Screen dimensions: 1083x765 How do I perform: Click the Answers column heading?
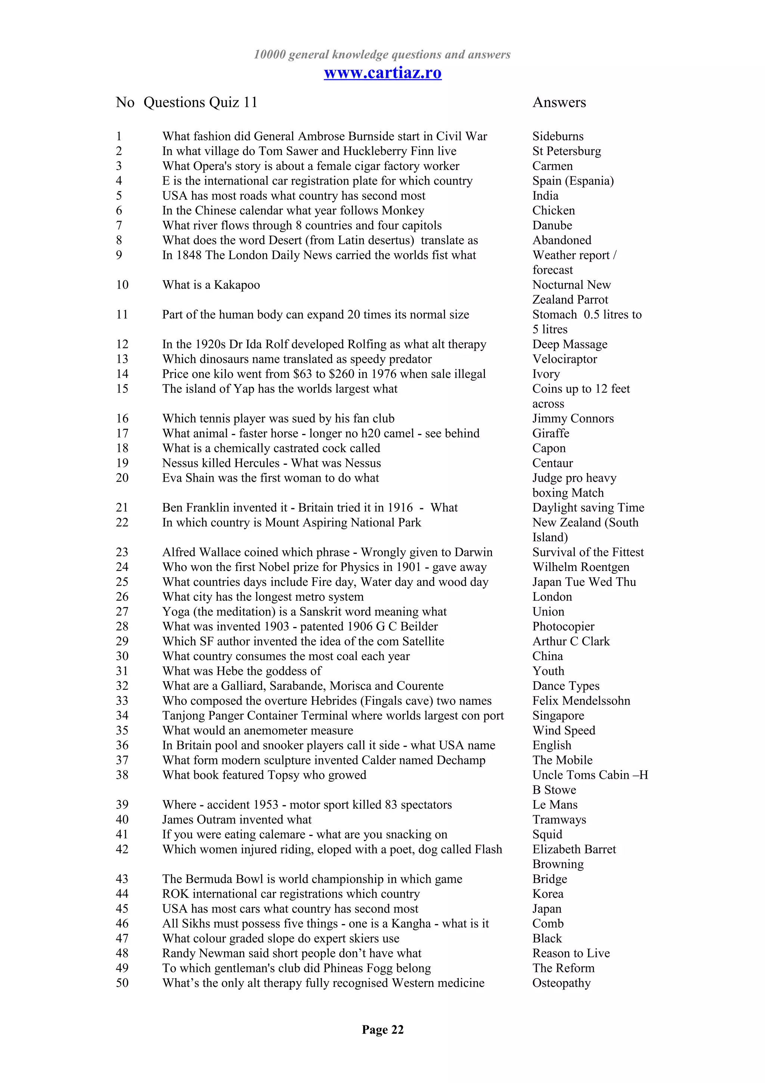[x=559, y=102]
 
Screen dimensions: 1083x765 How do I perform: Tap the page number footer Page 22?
[x=382, y=1029]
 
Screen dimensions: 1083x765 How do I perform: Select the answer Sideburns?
[x=558, y=136]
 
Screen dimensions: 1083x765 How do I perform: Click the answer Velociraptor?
[x=564, y=359]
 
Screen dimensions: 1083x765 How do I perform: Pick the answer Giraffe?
[x=551, y=433]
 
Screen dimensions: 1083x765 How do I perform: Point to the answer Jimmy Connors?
[x=573, y=419]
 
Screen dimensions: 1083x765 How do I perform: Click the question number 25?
[x=122, y=581]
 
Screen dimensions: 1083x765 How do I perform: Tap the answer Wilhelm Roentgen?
[x=581, y=567]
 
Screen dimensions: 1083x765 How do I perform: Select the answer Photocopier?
[x=563, y=626]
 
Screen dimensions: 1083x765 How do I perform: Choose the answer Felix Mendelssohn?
[x=581, y=700]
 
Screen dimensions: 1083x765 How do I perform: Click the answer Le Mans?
[x=555, y=805]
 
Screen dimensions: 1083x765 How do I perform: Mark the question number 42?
[x=122, y=849]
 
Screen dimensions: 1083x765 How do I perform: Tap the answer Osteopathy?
[x=561, y=983]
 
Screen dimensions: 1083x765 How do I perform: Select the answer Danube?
[x=552, y=225]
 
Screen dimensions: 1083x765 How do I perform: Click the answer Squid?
[x=547, y=834]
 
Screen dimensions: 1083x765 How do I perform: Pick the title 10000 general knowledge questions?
[x=382, y=55]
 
